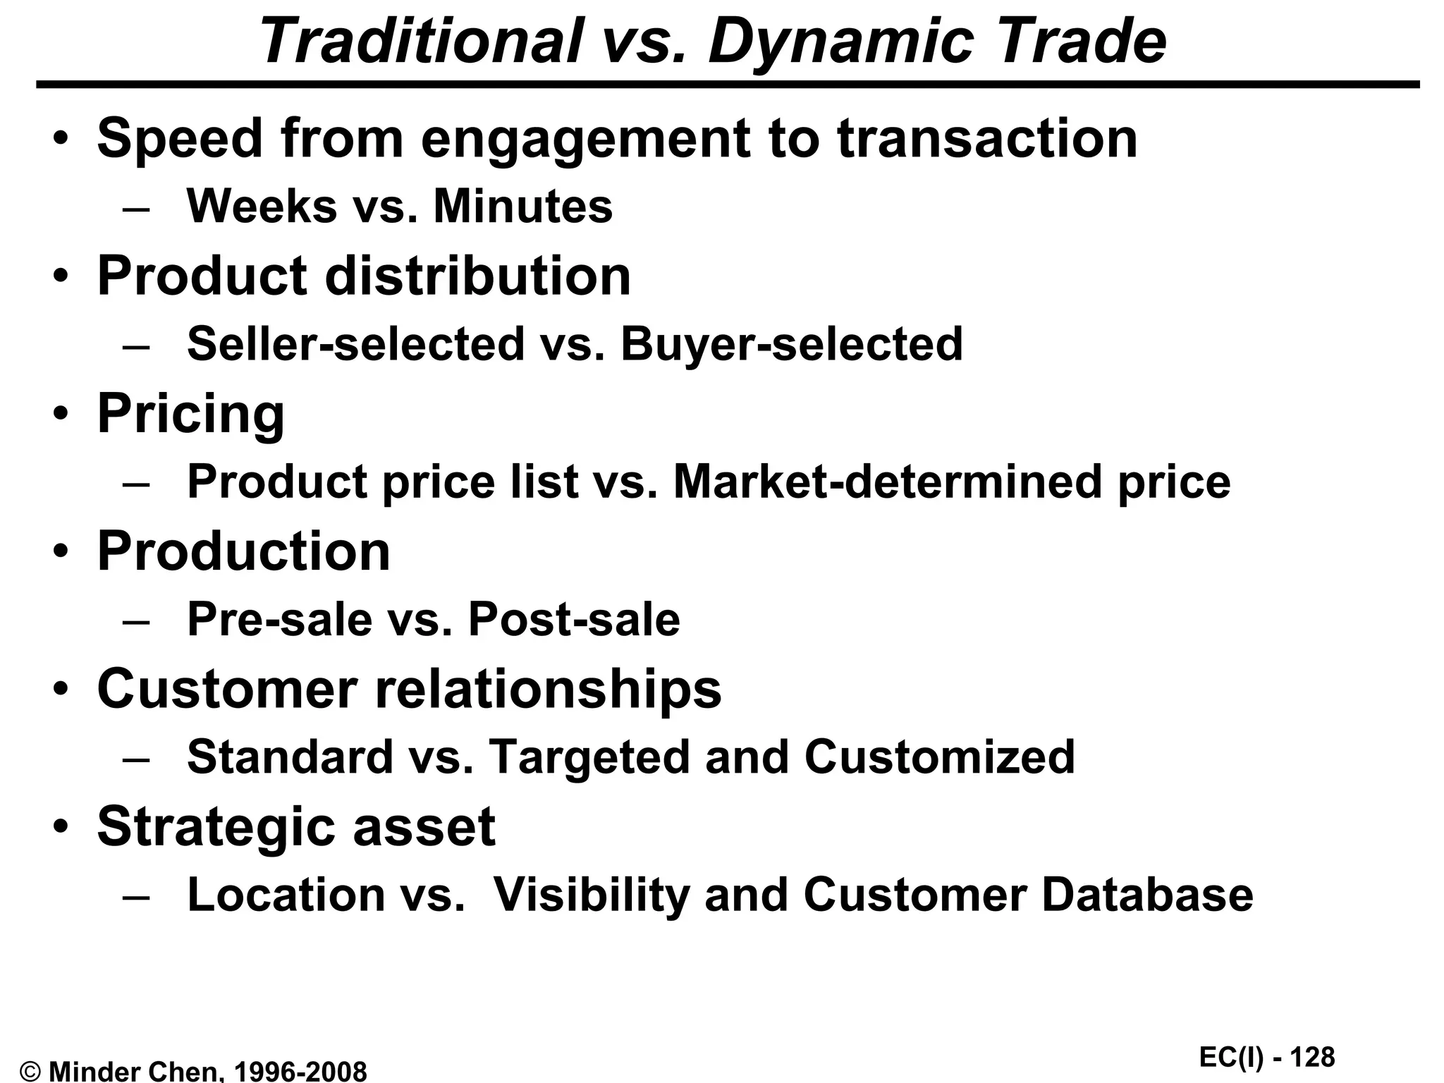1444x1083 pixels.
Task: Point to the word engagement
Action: [585, 139]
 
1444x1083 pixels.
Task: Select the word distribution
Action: [477, 276]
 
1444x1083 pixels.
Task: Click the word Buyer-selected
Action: [791, 344]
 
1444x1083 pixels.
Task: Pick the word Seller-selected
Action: [356, 344]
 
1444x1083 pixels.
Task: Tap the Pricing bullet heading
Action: [190, 415]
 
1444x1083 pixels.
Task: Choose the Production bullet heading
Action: [243, 551]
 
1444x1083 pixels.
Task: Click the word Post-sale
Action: [574, 620]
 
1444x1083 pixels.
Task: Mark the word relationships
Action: [548, 689]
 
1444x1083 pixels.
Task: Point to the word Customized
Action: [939, 757]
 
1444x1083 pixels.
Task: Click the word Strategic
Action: [215, 826]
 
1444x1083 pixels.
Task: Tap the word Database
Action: [1147, 895]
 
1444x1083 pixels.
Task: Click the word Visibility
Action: [591, 895]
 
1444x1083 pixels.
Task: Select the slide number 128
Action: [1314, 1058]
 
